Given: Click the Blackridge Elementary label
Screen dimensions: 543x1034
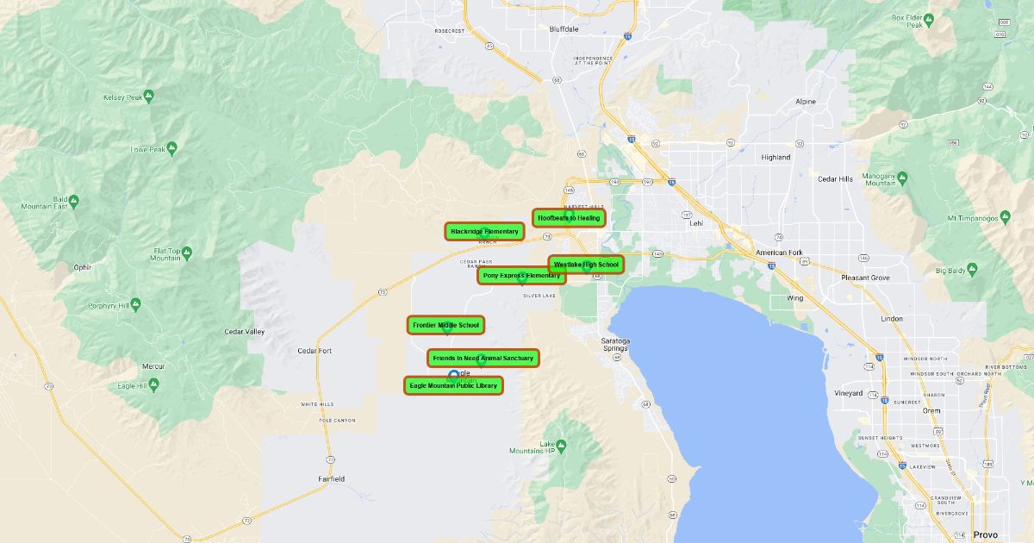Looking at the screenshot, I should click(484, 231).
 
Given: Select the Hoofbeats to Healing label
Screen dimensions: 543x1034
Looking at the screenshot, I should click(569, 218).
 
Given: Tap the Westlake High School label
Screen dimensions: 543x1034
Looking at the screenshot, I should click(586, 265).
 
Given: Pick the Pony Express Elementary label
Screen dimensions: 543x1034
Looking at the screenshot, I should click(521, 276).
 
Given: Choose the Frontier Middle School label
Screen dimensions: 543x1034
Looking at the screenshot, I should click(445, 325).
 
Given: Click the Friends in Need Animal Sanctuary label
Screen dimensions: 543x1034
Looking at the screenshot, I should click(483, 358).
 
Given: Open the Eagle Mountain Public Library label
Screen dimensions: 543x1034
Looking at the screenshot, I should click(453, 385).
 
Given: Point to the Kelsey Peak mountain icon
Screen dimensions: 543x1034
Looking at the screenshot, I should click(149, 96).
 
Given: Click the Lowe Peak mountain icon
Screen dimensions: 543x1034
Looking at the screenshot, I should click(171, 148).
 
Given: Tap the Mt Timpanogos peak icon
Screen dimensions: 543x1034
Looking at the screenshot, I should click(1005, 216).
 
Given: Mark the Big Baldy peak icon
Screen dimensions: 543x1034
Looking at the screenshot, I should click(973, 269).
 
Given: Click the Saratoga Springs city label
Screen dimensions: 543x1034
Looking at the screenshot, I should click(615, 344).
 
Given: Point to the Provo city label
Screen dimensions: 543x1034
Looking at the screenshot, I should click(985, 534).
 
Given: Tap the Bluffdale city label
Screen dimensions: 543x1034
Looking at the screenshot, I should click(564, 28).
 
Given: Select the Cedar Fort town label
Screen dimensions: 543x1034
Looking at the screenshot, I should click(315, 351).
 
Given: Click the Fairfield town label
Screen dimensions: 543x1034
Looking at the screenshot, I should click(331, 478).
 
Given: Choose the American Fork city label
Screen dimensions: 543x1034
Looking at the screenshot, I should click(778, 253).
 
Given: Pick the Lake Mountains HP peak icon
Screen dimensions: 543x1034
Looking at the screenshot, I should click(561, 445).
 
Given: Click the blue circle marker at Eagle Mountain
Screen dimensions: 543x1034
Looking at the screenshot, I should click(454, 375).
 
